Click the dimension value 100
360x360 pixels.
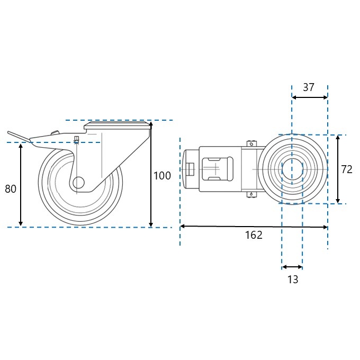coord(162,176)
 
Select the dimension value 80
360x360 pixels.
coord(11,189)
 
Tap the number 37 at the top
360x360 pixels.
coord(308,87)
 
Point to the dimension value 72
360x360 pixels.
coord(347,169)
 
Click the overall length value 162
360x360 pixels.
coord(254,235)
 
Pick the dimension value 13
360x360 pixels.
coord(293,280)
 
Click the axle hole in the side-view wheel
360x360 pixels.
coord(78,183)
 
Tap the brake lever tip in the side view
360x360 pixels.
coord(8,132)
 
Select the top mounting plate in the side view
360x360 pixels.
coord(116,126)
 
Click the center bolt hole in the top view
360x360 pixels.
coord(292,169)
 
